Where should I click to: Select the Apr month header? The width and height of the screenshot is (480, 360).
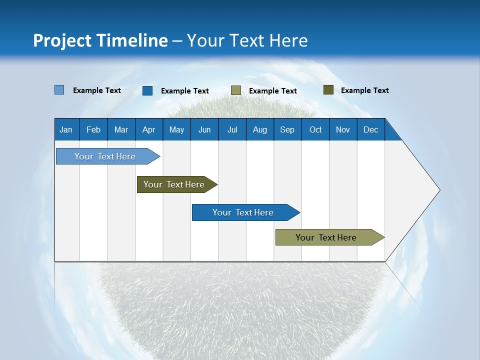tap(149, 129)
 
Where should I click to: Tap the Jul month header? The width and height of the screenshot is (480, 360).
tap(232, 129)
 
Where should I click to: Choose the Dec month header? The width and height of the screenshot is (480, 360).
tap(371, 129)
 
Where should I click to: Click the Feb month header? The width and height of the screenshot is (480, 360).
tap(93, 129)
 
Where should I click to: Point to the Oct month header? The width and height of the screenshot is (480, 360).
tap(315, 129)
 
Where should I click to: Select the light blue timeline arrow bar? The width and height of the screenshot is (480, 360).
tap(108, 156)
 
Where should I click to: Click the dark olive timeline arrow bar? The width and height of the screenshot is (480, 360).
tap(177, 184)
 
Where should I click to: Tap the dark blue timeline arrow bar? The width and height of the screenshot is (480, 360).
tap(246, 212)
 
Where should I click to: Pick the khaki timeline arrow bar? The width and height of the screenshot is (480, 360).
tap(330, 237)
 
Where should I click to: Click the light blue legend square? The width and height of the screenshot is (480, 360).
tap(59, 89)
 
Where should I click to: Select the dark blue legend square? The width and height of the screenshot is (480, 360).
tap(147, 90)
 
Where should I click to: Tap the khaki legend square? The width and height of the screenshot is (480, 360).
tap(236, 90)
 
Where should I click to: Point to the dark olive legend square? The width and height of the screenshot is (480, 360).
tap(328, 89)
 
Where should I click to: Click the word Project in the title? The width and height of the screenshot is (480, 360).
tap(62, 40)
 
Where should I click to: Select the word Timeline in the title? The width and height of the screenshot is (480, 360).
tap(132, 40)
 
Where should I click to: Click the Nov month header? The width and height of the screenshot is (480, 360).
tap(343, 129)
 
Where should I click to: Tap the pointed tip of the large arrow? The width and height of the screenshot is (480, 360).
tap(440, 190)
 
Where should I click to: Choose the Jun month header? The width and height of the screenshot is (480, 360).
tap(204, 129)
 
